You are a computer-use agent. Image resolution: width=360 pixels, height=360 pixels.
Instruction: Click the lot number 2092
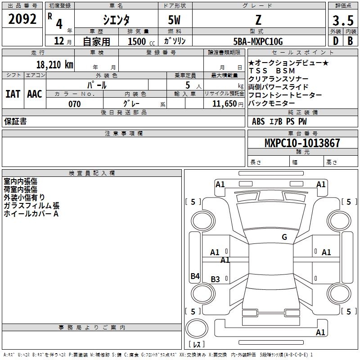pos(22,19)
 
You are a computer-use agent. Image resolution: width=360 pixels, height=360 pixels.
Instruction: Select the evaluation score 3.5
pos(342,20)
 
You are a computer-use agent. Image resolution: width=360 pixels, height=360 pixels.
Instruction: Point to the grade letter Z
pos(258,20)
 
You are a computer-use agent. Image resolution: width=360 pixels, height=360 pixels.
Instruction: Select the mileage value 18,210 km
pos(54,64)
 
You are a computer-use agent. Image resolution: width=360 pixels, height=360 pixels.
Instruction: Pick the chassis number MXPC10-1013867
pos(302,143)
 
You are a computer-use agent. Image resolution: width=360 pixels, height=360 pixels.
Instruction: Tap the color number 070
pos(74,104)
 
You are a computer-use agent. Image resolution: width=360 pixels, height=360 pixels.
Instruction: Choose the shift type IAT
pos(13,94)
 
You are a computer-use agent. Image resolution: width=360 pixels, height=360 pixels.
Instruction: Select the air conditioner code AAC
pos(35,94)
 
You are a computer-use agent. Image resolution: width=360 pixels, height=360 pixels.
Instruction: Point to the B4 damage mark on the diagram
pos(195,276)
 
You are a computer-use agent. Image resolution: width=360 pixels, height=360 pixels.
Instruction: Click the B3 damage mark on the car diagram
pos(216,279)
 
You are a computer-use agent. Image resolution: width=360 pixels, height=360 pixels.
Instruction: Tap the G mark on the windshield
pos(284,237)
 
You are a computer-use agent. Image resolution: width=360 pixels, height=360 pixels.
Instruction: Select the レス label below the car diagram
pos(198,345)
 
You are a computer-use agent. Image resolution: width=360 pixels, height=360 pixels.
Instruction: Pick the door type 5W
pos(175,20)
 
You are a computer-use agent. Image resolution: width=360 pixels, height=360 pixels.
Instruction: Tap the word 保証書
pos(15,121)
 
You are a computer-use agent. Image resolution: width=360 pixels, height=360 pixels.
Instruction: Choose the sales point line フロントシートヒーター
pos(285,95)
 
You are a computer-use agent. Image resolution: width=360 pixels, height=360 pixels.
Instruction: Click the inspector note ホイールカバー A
pos(31,214)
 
